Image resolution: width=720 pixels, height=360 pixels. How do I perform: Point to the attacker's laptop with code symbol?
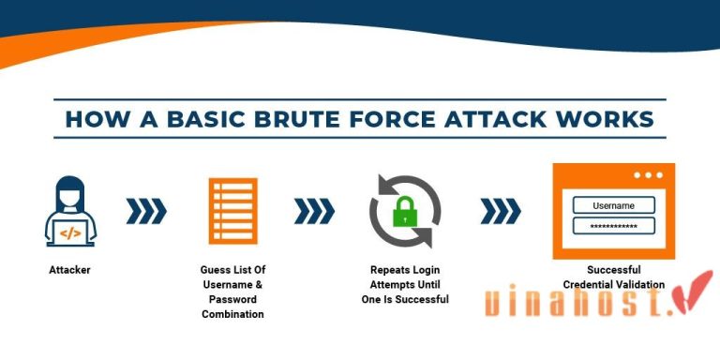(71, 231)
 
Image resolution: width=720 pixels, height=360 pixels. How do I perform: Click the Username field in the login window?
(614, 205)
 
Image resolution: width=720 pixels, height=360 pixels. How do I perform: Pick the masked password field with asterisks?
(614, 227)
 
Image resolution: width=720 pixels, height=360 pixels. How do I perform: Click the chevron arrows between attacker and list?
(146, 212)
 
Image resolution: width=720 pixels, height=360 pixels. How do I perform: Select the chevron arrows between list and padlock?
(315, 212)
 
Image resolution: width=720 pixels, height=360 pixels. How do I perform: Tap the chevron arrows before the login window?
(500, 212)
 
